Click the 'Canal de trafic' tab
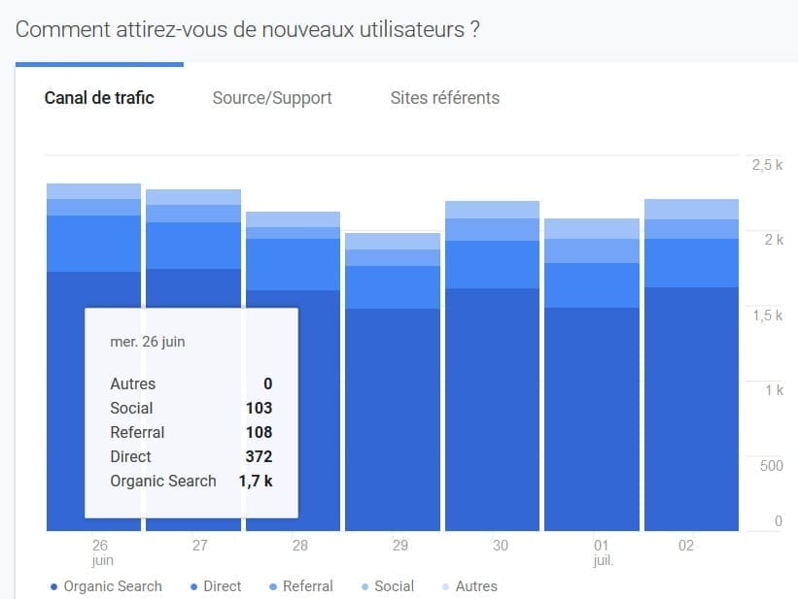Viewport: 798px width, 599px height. [x=99, y=98]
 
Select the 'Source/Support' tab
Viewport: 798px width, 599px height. [x=272, y=98]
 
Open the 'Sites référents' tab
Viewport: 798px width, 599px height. [x=445, y=98]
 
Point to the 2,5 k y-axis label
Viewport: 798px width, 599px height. [x=767, y=165]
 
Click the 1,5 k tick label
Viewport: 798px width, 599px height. [x=767, y=316]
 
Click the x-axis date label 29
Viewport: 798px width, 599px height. [x=400, y=546]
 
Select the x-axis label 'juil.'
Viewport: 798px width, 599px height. [x=602, y=560]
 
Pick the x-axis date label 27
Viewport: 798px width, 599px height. [x=200, y=546]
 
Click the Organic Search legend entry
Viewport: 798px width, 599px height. [x=112, y=586]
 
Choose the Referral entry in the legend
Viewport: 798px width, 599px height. [x=307, y=586]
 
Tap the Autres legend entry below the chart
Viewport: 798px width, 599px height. [x=475, y=586]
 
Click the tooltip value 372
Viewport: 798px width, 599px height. [x=259, y=456]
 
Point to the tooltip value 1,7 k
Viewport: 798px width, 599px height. [x=256, y=481]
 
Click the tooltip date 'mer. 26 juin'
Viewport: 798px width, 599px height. [x=148, y=342]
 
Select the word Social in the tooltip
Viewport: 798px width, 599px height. [x=131, y=408]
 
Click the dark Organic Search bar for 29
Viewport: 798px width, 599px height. [x=392, y=417]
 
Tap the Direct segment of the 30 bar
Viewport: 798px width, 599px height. [x=492, y=264]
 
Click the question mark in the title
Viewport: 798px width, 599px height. [x=474, y=29]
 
